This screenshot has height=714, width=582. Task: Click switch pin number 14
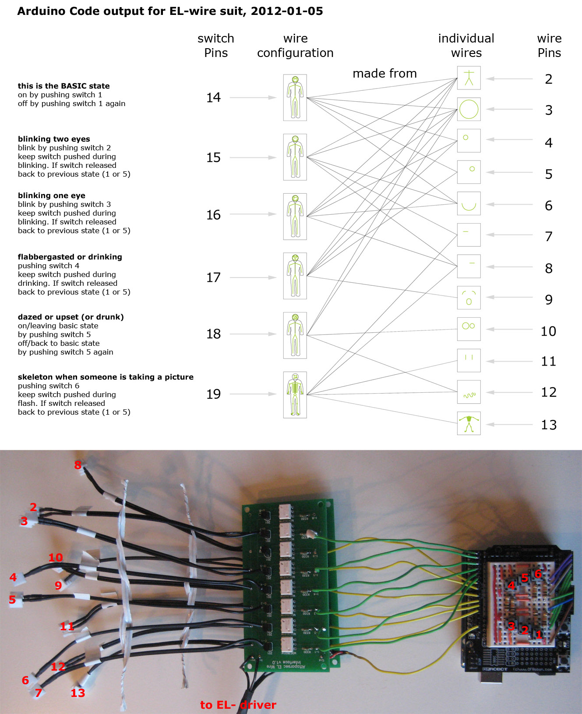pos(213,97)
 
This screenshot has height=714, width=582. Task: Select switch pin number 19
pos(213,394)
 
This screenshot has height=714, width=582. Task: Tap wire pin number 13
pos(548,424)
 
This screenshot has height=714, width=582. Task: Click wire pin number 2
pos(548,79)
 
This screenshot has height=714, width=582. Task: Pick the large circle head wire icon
pos(469,109)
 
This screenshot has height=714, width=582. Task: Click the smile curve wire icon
pos(469,203)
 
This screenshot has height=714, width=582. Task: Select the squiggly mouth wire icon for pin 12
pos(469,392)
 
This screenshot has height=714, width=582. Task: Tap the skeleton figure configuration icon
pos(295,394)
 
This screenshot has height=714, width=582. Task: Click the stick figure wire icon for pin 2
pos(469,78)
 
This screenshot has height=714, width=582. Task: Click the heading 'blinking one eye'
pos(52,195)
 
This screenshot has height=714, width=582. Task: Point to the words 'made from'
pos(384,73)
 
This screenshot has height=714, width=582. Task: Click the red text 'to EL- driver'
pos(238,705)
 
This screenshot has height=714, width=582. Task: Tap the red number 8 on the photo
pos(78,465)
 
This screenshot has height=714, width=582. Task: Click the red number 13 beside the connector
pos(78,693)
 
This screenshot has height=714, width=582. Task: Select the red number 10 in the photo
pos(56,557)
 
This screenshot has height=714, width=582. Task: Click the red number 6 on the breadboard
pos(538,574)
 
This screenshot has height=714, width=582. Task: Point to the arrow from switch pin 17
pos(253,277)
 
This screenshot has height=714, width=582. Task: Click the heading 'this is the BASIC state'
pos(63,86)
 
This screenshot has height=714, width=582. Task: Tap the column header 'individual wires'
pos(466,46)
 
